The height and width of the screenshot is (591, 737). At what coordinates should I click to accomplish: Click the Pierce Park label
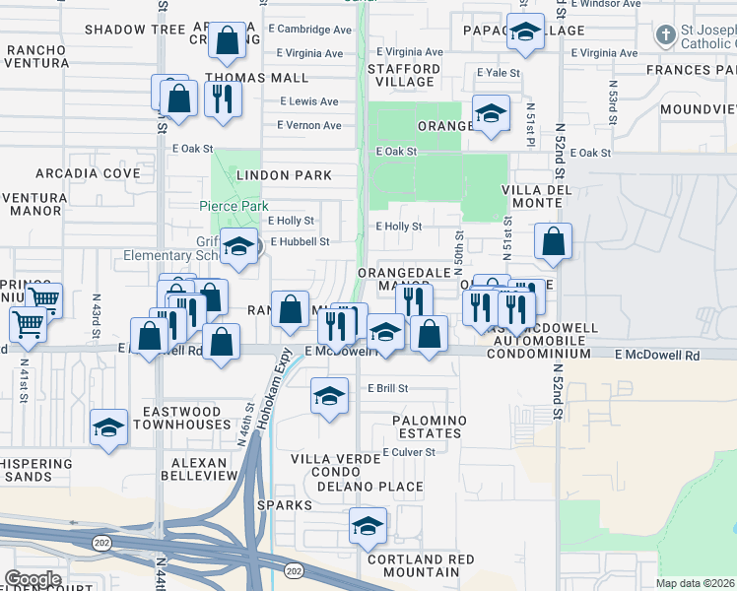(x=234, y=207)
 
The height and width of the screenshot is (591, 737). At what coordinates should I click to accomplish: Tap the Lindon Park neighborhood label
(x=283, y=175)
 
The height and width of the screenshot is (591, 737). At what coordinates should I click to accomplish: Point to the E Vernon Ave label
(x=308, y=125)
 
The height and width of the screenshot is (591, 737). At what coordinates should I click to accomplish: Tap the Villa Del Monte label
(x=530, y=196)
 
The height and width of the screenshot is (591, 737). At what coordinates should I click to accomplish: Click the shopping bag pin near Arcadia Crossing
(x=228, y=41)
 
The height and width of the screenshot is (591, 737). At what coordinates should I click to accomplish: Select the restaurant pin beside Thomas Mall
(x=223, y=98)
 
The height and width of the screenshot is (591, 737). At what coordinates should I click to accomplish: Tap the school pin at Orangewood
(x=490, y=113)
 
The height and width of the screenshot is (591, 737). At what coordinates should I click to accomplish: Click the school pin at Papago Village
(x=525, y=33)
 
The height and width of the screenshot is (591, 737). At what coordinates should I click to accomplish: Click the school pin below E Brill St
(x=329, y=396)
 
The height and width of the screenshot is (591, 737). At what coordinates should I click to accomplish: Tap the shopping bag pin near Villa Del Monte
(x=554, y=241)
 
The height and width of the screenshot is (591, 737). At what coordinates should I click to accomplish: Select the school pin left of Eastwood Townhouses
(x=108, y=427)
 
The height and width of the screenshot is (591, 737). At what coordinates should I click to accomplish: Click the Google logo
(x=33, y=579)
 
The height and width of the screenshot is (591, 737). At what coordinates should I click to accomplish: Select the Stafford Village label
(x=404, y=75)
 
